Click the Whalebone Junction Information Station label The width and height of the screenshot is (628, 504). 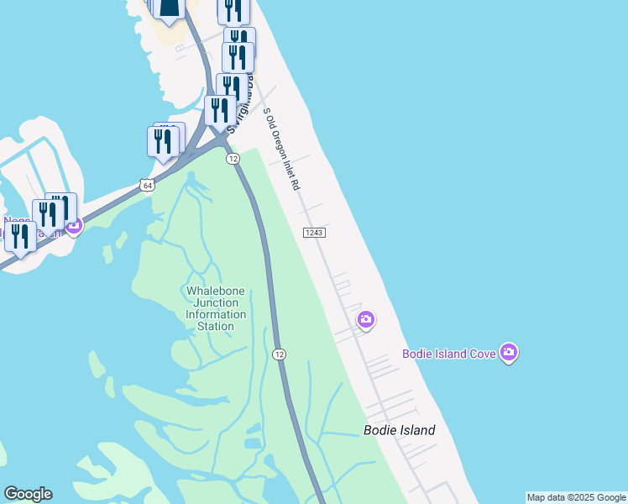pos(216,308)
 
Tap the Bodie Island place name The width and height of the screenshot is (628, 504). pos(399,430)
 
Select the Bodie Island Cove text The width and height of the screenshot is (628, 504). pos(448,354)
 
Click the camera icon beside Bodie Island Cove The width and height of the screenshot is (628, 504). pos(508,353)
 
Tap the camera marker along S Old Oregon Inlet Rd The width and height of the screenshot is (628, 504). pos(365,319)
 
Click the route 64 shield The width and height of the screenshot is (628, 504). pos(148,185)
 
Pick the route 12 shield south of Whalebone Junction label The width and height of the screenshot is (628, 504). pos(279,354)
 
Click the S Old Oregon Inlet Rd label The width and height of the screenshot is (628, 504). pos(282,149)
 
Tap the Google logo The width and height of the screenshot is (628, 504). pos(28,494)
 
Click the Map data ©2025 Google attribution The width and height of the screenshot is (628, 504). pos(576,497)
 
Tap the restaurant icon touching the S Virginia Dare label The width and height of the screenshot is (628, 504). pos(220,110)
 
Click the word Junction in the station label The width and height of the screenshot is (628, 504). pos(216,302)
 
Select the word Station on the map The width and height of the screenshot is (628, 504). pos(216,326)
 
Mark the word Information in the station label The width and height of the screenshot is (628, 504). pos(216,314)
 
